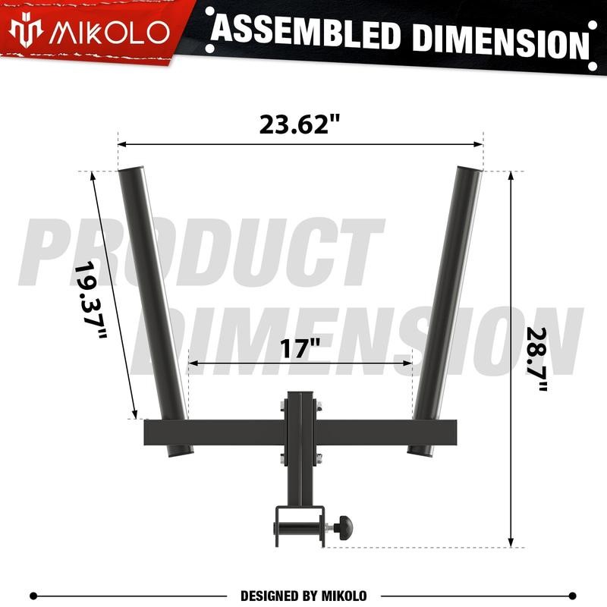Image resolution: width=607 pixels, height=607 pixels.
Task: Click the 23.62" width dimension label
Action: [299, 124]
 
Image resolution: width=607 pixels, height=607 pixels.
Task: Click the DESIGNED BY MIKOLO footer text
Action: [303, 596]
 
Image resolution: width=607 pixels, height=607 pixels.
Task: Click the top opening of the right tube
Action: [469, 168]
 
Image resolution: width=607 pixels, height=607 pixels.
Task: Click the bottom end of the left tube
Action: [181, 452]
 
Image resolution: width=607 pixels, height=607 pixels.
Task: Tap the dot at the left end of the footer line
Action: [33, 596]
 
